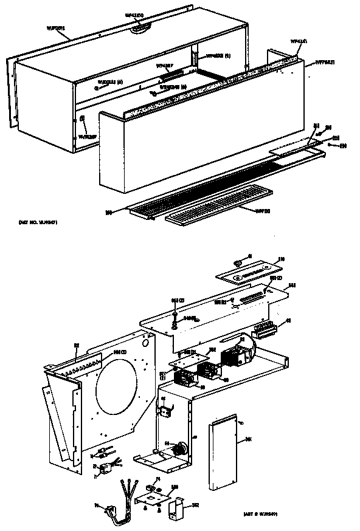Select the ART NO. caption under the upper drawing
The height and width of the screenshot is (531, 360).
(38, 223)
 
